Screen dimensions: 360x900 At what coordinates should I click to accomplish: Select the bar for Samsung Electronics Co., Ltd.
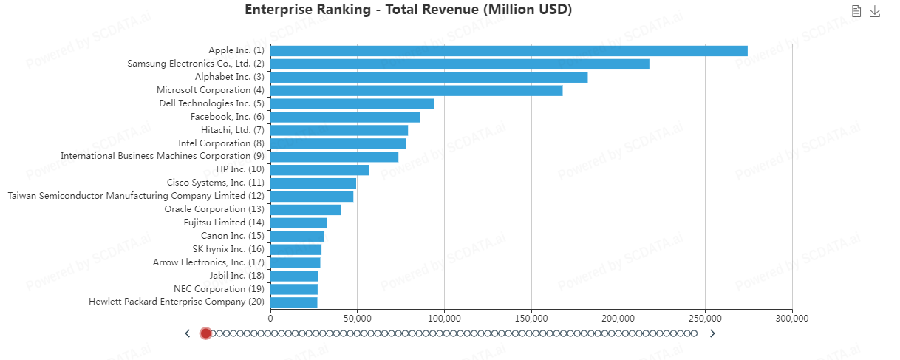coord(460,64)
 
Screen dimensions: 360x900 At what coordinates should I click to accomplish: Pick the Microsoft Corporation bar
coord(416,91)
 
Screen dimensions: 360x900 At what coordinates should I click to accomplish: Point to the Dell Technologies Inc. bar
coord(352,103)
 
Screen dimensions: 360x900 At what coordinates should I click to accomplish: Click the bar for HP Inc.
coord(319,170)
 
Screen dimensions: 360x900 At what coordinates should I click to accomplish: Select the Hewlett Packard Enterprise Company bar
coord(293,302)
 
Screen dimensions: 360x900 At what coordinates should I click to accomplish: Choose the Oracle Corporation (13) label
coord(214,209)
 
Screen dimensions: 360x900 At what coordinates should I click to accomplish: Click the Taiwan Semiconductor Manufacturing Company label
coord(136,196)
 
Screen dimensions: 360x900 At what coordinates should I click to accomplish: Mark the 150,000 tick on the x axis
coord(531,318)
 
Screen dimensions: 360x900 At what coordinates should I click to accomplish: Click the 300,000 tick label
coord(792,318)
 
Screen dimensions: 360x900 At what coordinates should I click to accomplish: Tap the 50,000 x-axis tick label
coord(357,318)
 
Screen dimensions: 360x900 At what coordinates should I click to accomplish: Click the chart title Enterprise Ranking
coord(408,10)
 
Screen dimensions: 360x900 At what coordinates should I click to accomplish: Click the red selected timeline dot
coord(205,333)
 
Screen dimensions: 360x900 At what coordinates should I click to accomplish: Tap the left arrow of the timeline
coord(188,333)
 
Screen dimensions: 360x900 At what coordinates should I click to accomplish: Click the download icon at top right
coord(875,11)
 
